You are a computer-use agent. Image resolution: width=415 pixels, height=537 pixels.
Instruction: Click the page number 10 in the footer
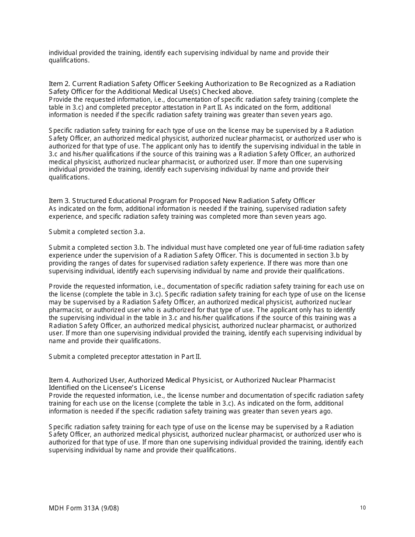click(363, 508)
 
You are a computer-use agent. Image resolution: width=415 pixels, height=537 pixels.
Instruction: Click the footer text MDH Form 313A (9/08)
click(84, 508)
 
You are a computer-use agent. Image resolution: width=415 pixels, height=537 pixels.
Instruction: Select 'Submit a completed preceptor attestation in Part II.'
click(125, 357)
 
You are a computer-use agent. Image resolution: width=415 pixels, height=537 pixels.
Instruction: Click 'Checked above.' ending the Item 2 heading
click(228, 92)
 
